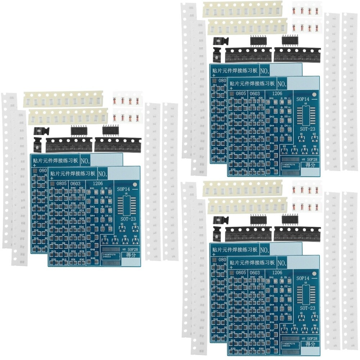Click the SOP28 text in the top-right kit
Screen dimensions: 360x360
click(312, 159)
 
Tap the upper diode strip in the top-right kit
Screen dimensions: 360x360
click(306, 10)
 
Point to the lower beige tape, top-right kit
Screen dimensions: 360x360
click(248, 27)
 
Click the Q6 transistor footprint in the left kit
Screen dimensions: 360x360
click(135, 239)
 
